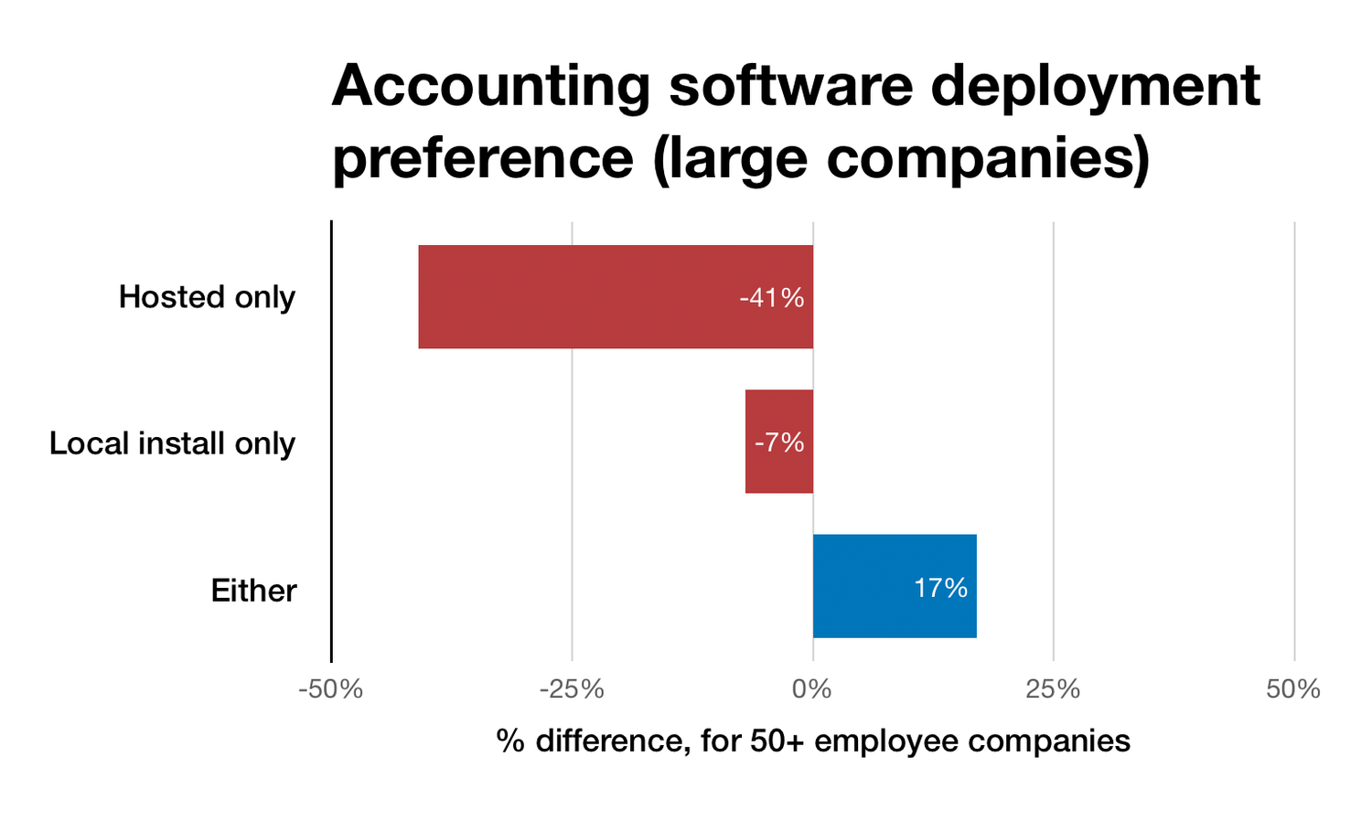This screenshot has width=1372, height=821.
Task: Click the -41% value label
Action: (x=771, y=297)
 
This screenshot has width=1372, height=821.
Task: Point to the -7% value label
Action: (x=779, y=442)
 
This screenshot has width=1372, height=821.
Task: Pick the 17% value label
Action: (x=940, y=588)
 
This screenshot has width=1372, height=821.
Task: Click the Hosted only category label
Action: (x=207, y=297)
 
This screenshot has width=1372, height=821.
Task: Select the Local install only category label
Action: (x=172, y=443)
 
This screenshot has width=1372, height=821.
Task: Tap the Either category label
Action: (x=253, y=591)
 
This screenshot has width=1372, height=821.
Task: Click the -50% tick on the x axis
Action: (x=330, y=689)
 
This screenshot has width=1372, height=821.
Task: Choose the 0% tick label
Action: (x=812, y=689)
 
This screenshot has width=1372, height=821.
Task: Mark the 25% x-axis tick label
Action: (x=1053, y=689)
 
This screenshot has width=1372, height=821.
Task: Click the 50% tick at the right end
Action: (x=1293, y=689)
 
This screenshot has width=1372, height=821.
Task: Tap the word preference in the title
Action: (x=482, y=157)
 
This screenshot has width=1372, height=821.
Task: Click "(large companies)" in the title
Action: (x=901, y=159)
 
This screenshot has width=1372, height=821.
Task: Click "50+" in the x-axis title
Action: (x=777, y=741)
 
